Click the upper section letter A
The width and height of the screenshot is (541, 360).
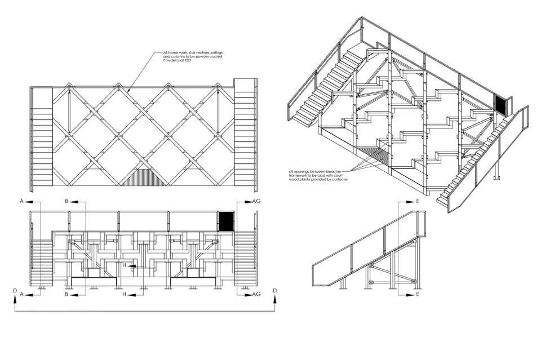(21, 201)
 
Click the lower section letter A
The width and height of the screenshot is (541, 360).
(21, 294)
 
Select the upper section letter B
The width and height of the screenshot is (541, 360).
(66, 201)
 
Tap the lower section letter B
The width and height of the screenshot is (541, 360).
(66, 294)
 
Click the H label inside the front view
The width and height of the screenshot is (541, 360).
(125, 265)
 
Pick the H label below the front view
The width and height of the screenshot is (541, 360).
(125, 294)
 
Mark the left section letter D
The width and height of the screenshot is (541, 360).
(14, 291)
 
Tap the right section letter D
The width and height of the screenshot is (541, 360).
(274, 291)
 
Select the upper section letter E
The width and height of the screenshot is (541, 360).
(417, 201)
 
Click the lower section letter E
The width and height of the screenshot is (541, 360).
(417, 294)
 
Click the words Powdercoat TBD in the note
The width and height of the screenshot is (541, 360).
(177, 60)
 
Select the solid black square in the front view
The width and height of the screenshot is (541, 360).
(226, 221)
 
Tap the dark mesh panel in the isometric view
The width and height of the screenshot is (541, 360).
(500, 104)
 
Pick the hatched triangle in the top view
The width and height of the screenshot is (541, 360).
(144, 177)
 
